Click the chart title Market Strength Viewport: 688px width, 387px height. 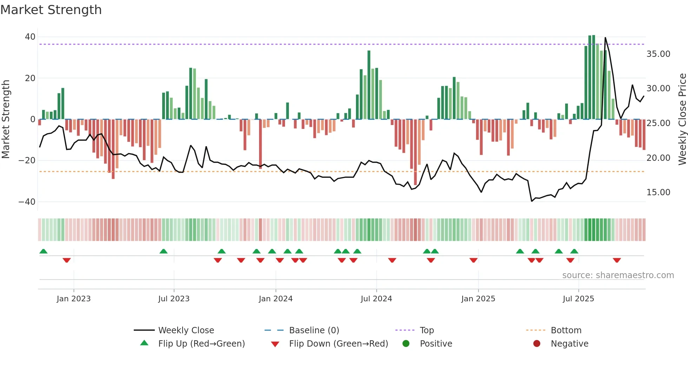point(51,10)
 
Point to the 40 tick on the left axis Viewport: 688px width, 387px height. point(30,37)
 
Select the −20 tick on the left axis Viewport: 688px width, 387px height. point(27,160)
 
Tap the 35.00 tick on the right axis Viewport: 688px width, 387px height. point(658,54)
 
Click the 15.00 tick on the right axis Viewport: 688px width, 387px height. point(658,192)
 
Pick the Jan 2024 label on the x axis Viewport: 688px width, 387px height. point(276,299)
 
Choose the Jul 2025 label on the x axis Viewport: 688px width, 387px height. point(578,299)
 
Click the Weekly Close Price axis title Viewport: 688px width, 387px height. point(682,119)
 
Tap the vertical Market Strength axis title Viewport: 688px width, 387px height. point(6,119)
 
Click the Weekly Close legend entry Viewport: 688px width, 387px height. point(186,330)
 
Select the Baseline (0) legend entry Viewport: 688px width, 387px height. point(314,330)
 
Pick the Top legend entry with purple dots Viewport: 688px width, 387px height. point(426,330)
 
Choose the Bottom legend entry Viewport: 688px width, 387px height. point(566,330)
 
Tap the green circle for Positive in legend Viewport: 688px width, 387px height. point(406,344)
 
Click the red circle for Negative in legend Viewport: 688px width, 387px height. point(537,344)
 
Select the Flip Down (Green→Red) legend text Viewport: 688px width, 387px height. point(338,344)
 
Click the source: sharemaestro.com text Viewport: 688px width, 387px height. point(618,275)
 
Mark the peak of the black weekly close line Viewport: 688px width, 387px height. point(605,38)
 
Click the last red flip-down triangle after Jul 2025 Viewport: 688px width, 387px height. point(617,260)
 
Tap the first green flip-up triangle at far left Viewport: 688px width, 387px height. point(44,251)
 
